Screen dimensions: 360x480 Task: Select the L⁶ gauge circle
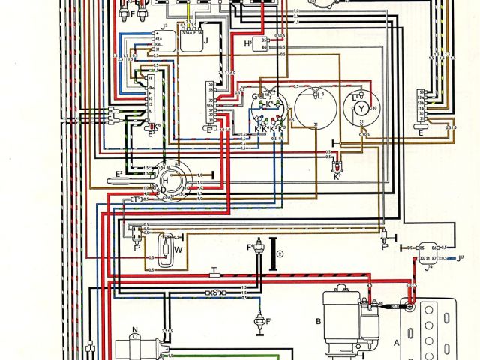coord(315,112)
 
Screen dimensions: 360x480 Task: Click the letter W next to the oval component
coord(178,250)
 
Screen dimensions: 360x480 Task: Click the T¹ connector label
coord(214,268)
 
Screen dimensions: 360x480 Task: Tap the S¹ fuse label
coord(214,291)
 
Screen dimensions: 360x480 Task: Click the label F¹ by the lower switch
coord(268,322)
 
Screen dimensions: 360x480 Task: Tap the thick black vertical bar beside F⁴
coord(273,252)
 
